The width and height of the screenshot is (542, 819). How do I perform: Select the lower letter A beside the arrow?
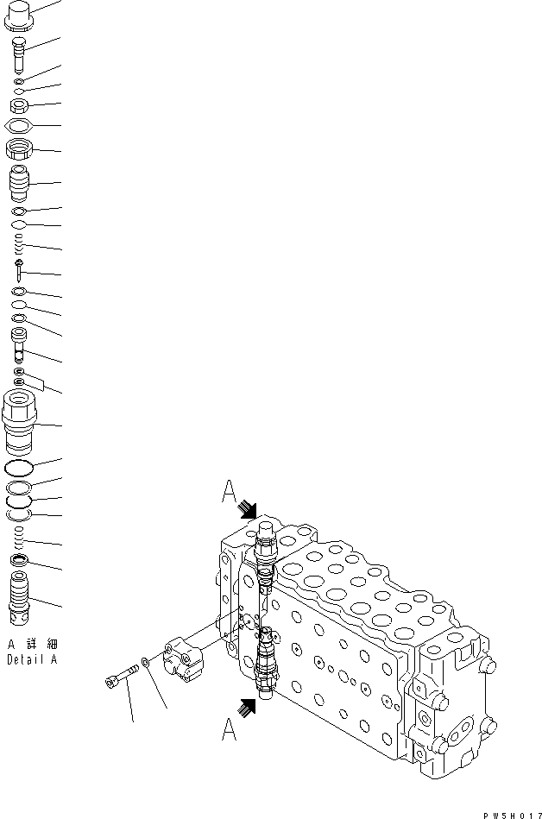pos(230,730)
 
